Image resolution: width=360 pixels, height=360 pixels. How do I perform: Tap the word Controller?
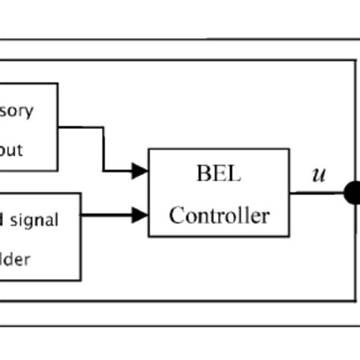219,216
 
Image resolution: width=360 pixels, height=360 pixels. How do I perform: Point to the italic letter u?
318,175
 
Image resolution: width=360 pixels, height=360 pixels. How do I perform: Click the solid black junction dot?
353,193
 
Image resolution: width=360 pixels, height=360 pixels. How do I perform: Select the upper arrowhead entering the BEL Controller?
140,171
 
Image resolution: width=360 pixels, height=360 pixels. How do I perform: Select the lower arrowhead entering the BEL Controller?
140,215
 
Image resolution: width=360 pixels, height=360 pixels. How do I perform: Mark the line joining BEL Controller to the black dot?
315,193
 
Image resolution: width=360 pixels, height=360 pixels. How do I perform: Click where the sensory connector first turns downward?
103,128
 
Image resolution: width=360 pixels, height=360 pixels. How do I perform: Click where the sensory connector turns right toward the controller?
103,171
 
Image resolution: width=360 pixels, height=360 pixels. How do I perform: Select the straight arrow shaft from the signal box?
106,215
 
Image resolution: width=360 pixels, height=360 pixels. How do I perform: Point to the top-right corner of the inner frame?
355,60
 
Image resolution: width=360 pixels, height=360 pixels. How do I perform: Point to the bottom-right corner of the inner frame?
355,301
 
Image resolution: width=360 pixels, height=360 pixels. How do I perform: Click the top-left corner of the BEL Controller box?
149,149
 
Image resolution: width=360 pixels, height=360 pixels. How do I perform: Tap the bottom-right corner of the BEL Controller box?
289,236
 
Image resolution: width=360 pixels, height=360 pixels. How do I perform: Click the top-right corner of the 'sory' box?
58,84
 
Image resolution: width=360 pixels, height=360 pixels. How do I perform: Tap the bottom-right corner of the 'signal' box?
81,280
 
